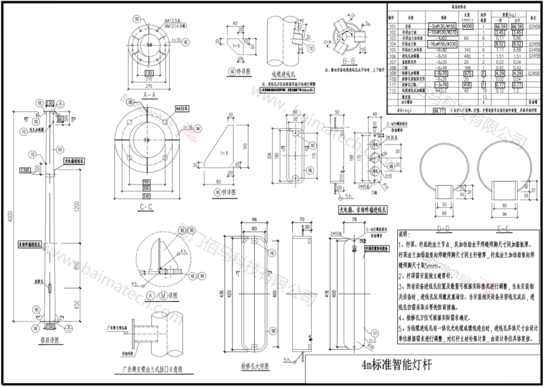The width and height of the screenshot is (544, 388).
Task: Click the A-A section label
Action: [x=149, y=95]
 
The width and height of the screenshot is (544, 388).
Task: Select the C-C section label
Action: [x=147, y=207]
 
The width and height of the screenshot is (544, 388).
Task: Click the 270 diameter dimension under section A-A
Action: [x=149, y=86]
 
